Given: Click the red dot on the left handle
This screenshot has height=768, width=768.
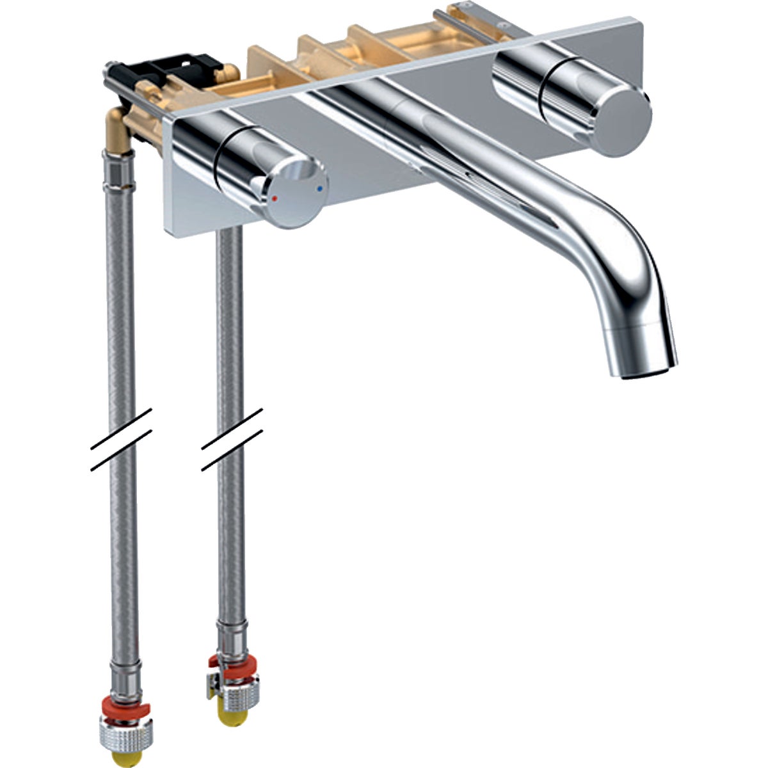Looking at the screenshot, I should click(274, 199).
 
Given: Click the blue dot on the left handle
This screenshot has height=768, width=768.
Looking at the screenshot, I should click(319, 189).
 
